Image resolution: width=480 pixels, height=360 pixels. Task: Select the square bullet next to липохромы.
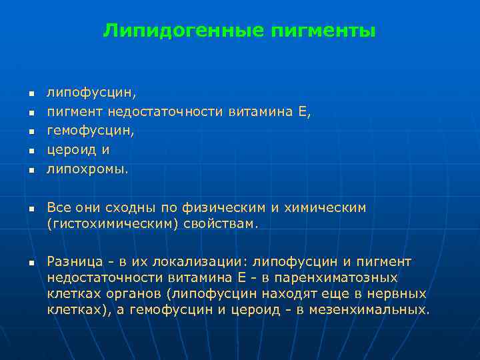pos(30,170)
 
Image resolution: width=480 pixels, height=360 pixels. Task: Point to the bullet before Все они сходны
pos(30,209)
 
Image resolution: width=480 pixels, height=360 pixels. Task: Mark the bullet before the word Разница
pos(30,263)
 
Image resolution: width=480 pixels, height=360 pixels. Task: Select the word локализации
pos(208,261)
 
